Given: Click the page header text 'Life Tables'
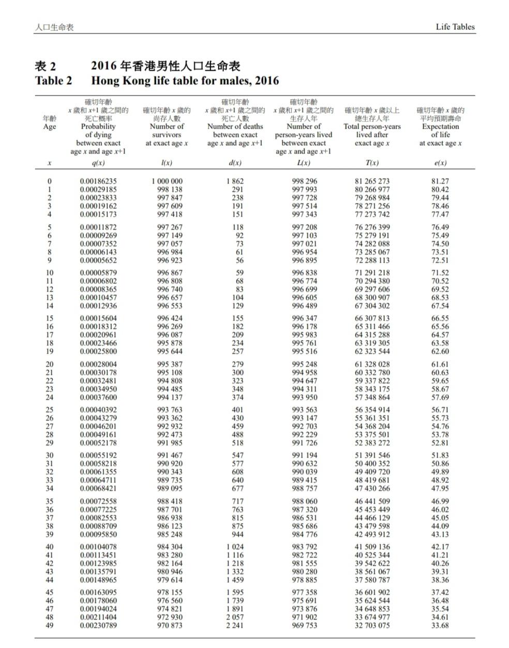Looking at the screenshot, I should click(455, 27).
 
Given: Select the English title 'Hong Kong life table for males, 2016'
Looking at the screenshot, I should click(185, 81).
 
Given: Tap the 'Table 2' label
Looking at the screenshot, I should click(53, 81).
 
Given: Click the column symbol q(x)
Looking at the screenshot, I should click(98, 163).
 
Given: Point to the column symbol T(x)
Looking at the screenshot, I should click(372, 163).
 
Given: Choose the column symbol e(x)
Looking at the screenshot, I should click(440, 163).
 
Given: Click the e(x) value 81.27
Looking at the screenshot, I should click(440, 182).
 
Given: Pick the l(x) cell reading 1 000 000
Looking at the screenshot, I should click(167, 182).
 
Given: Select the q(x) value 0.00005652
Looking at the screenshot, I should click(98, 260).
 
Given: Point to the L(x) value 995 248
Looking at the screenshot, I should click(305, 365).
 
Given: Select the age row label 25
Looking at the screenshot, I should click(50, 410).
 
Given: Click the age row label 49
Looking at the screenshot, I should click(50, 626).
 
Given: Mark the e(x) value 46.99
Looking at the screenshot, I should click(440, 502).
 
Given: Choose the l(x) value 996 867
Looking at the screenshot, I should click(170, 273).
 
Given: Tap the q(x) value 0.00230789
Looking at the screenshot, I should click(98, 626).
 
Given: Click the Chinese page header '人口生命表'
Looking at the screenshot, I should click(54, 27).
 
